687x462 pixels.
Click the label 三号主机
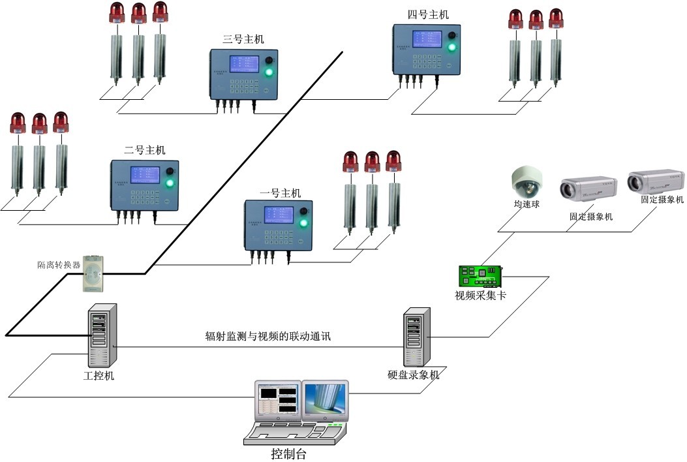tap(243, 40)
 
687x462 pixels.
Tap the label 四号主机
tap(428, 14)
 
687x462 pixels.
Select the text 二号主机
tap(145, 150)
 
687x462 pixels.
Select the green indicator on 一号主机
tap(303, 224)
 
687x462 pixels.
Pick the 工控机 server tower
tap(100, 335)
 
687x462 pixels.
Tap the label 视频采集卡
tap(480, 296)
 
